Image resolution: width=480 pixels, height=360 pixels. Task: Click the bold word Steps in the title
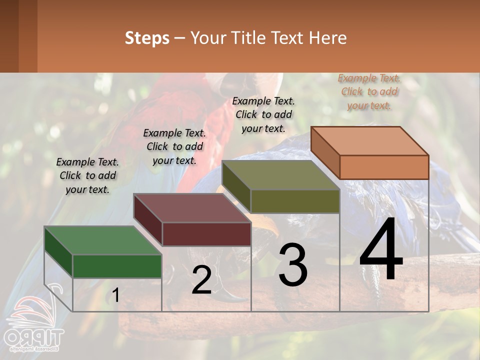coord(147,38)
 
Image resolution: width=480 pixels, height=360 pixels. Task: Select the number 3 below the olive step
coord(293,265)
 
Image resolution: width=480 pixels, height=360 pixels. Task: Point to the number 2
coord(201,280)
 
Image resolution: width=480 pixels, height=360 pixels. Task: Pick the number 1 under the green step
coord(115,295)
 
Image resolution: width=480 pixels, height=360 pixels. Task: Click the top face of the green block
coord(102,240)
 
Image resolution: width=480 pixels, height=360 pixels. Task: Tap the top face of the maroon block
coord(192,208)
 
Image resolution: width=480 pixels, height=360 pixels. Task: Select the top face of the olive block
coord(281,175)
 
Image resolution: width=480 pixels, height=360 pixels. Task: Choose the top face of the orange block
coord(370,141)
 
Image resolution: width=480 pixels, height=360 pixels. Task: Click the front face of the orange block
coord(384,167)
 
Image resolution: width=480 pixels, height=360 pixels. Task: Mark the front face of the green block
coord(117,266)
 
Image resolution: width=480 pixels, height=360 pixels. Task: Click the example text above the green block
coord(87,175)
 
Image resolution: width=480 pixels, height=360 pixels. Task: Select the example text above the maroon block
coord(174,146)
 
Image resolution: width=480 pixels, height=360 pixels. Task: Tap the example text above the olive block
coord(263,114)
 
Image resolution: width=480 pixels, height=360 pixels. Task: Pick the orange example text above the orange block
coord(369,91)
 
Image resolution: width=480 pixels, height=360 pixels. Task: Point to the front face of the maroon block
coord(206,234)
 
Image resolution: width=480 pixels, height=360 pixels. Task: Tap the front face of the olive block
coord(295,201)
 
